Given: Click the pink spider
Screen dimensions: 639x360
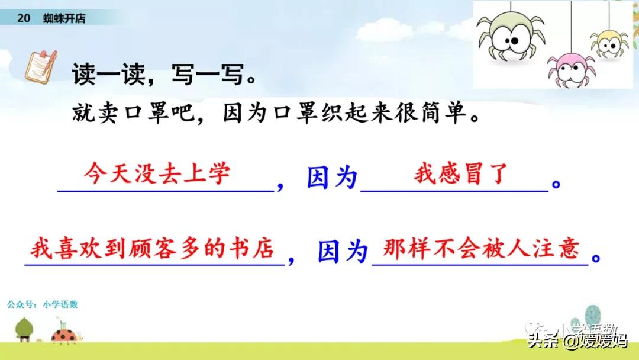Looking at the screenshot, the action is point(570,69).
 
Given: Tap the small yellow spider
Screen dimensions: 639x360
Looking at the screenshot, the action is point(609,44).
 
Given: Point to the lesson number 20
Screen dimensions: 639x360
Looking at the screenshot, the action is point(24,18).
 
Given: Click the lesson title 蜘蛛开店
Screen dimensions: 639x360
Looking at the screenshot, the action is point(64,18).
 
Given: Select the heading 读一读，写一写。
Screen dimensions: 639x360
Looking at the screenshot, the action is point(164,74).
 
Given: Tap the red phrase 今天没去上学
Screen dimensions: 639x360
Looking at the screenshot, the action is point(157,173).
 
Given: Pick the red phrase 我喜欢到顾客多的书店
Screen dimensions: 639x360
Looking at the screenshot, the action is point(152,248).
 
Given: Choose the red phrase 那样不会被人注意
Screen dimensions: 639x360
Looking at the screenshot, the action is point(481,248).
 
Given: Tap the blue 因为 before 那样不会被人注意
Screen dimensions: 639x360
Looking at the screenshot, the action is point(343,251).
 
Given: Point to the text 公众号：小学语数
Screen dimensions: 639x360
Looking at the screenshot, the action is point(43,304).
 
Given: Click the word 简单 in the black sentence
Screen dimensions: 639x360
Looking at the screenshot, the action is point(443,112).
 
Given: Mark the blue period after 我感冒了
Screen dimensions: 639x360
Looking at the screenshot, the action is point(556,184).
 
